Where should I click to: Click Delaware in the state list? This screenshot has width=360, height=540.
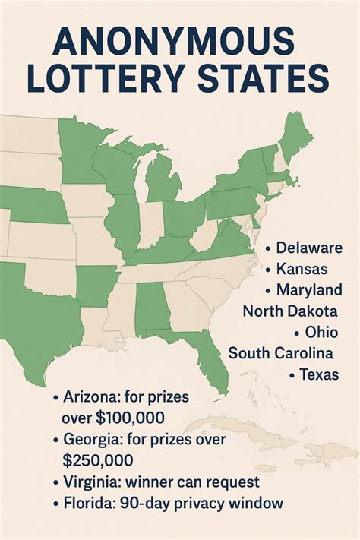coord(309,248)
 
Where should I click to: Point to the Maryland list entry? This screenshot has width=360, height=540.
coord(308,290)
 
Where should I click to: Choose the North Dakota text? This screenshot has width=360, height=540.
coord(289,311)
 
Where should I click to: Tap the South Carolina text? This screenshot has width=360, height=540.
coord(281,353)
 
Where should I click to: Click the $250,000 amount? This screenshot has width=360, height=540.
coord(98,460)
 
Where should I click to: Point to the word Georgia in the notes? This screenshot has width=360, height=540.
coord(89,439)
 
